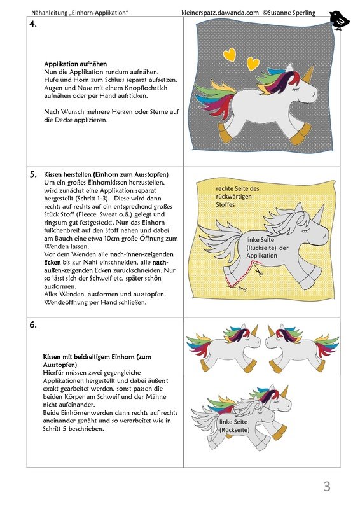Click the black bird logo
[x=339, y=20]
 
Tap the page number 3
[x=327, y=486]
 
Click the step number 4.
[x=33, y=24]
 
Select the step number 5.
[x=33, y=174]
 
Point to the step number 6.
[x=33, y=324]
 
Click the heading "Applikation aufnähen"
[x=75, y=64]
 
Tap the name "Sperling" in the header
[x=303, y=13]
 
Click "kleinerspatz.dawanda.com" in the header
[x=220, y=13]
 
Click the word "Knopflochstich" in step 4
[x=146, y=88]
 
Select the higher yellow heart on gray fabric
[x=230, y=55]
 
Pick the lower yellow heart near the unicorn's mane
[x=253, y=64]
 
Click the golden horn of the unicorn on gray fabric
[x=309, y=72]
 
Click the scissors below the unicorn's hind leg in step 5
[x=241, y=288]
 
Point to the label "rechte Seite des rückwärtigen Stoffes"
[x=238, y=197]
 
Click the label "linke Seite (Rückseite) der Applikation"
[x=263, y=248]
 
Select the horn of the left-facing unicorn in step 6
[x=271, y=330]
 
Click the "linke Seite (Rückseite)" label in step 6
[x=234, y=426]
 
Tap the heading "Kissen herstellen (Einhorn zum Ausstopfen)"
[x=106, y=174]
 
